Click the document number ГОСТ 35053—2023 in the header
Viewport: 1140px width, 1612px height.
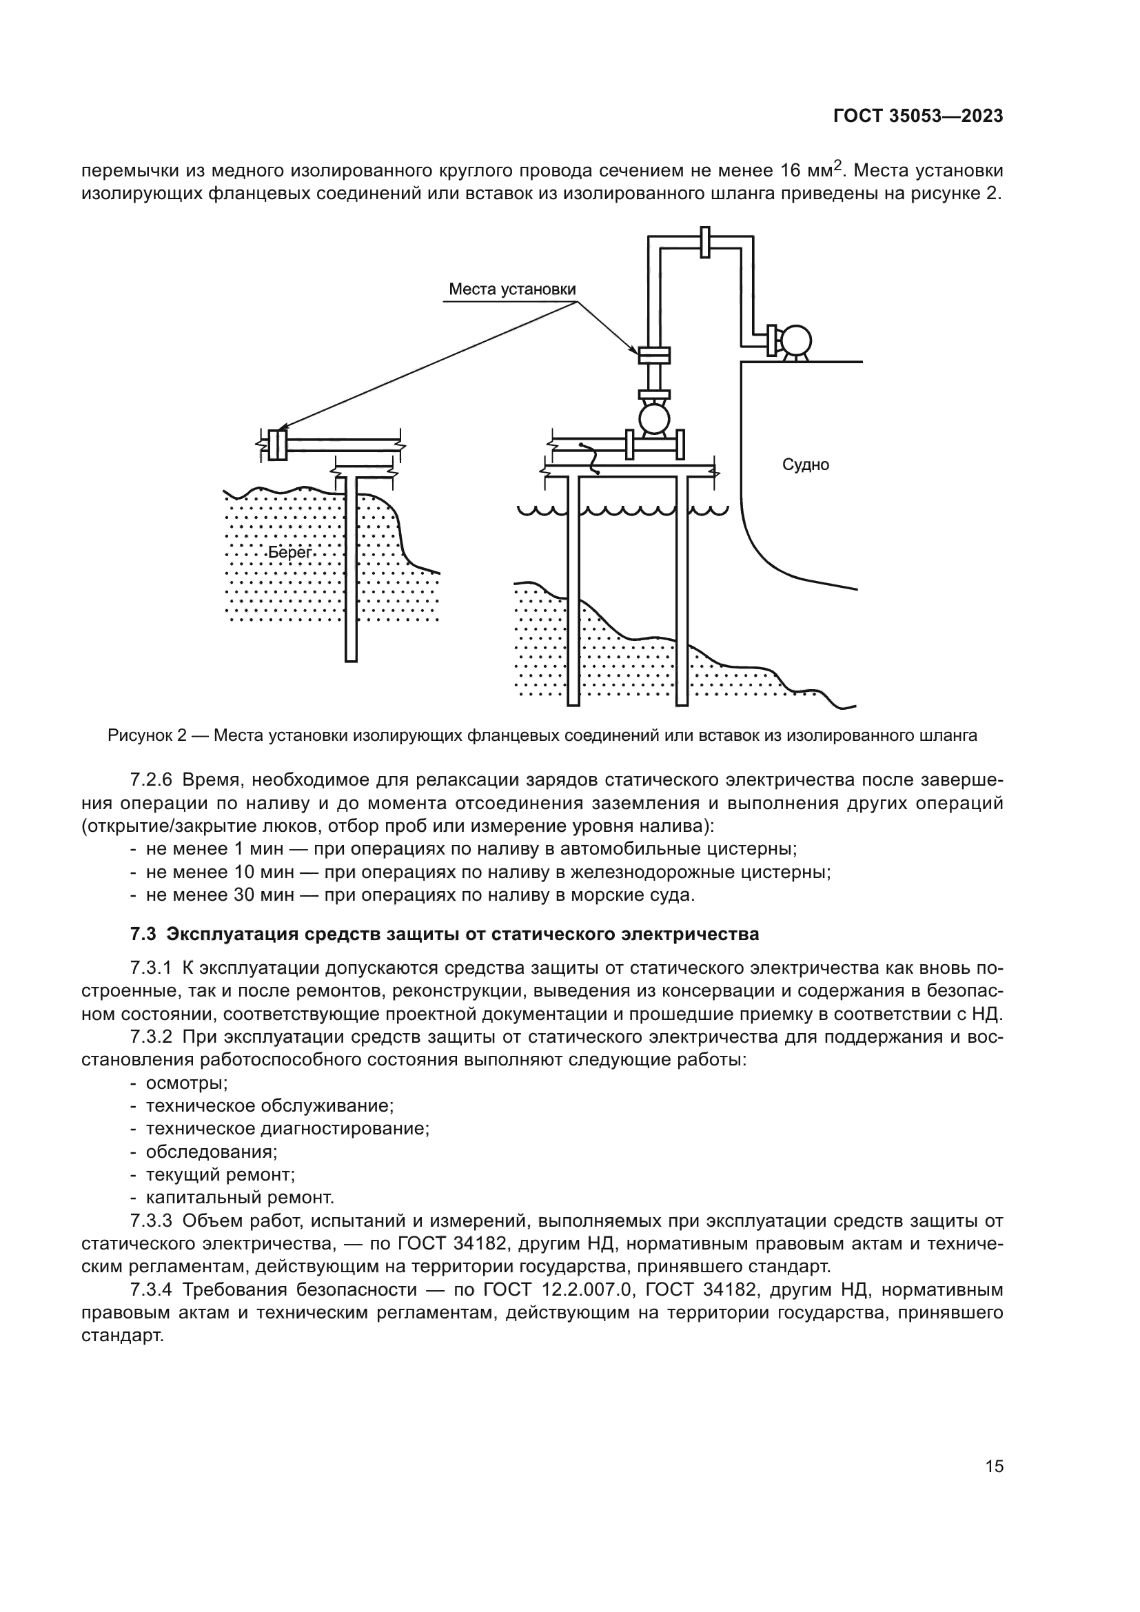917,116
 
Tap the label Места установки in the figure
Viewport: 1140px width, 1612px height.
511,289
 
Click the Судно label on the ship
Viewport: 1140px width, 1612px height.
805,465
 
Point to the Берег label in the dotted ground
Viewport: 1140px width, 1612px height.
290,553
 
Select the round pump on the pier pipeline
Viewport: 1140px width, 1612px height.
654,419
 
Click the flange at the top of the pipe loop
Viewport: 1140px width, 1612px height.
705,243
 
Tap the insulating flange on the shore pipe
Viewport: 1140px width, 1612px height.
276,445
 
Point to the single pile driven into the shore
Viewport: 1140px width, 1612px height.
351,569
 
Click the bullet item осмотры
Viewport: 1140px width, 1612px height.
187,1083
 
